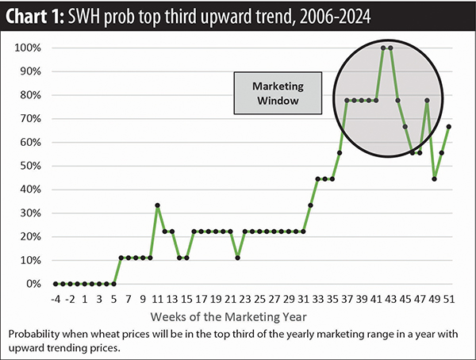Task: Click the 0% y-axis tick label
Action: click(33, 283)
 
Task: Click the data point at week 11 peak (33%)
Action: click(157, 205)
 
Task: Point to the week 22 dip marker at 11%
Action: click(238, 258)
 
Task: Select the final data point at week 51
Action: click(450, 126)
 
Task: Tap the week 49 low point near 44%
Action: click(435, 178)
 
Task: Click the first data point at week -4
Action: click(55, 283)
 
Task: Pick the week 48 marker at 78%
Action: click(428, 100)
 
